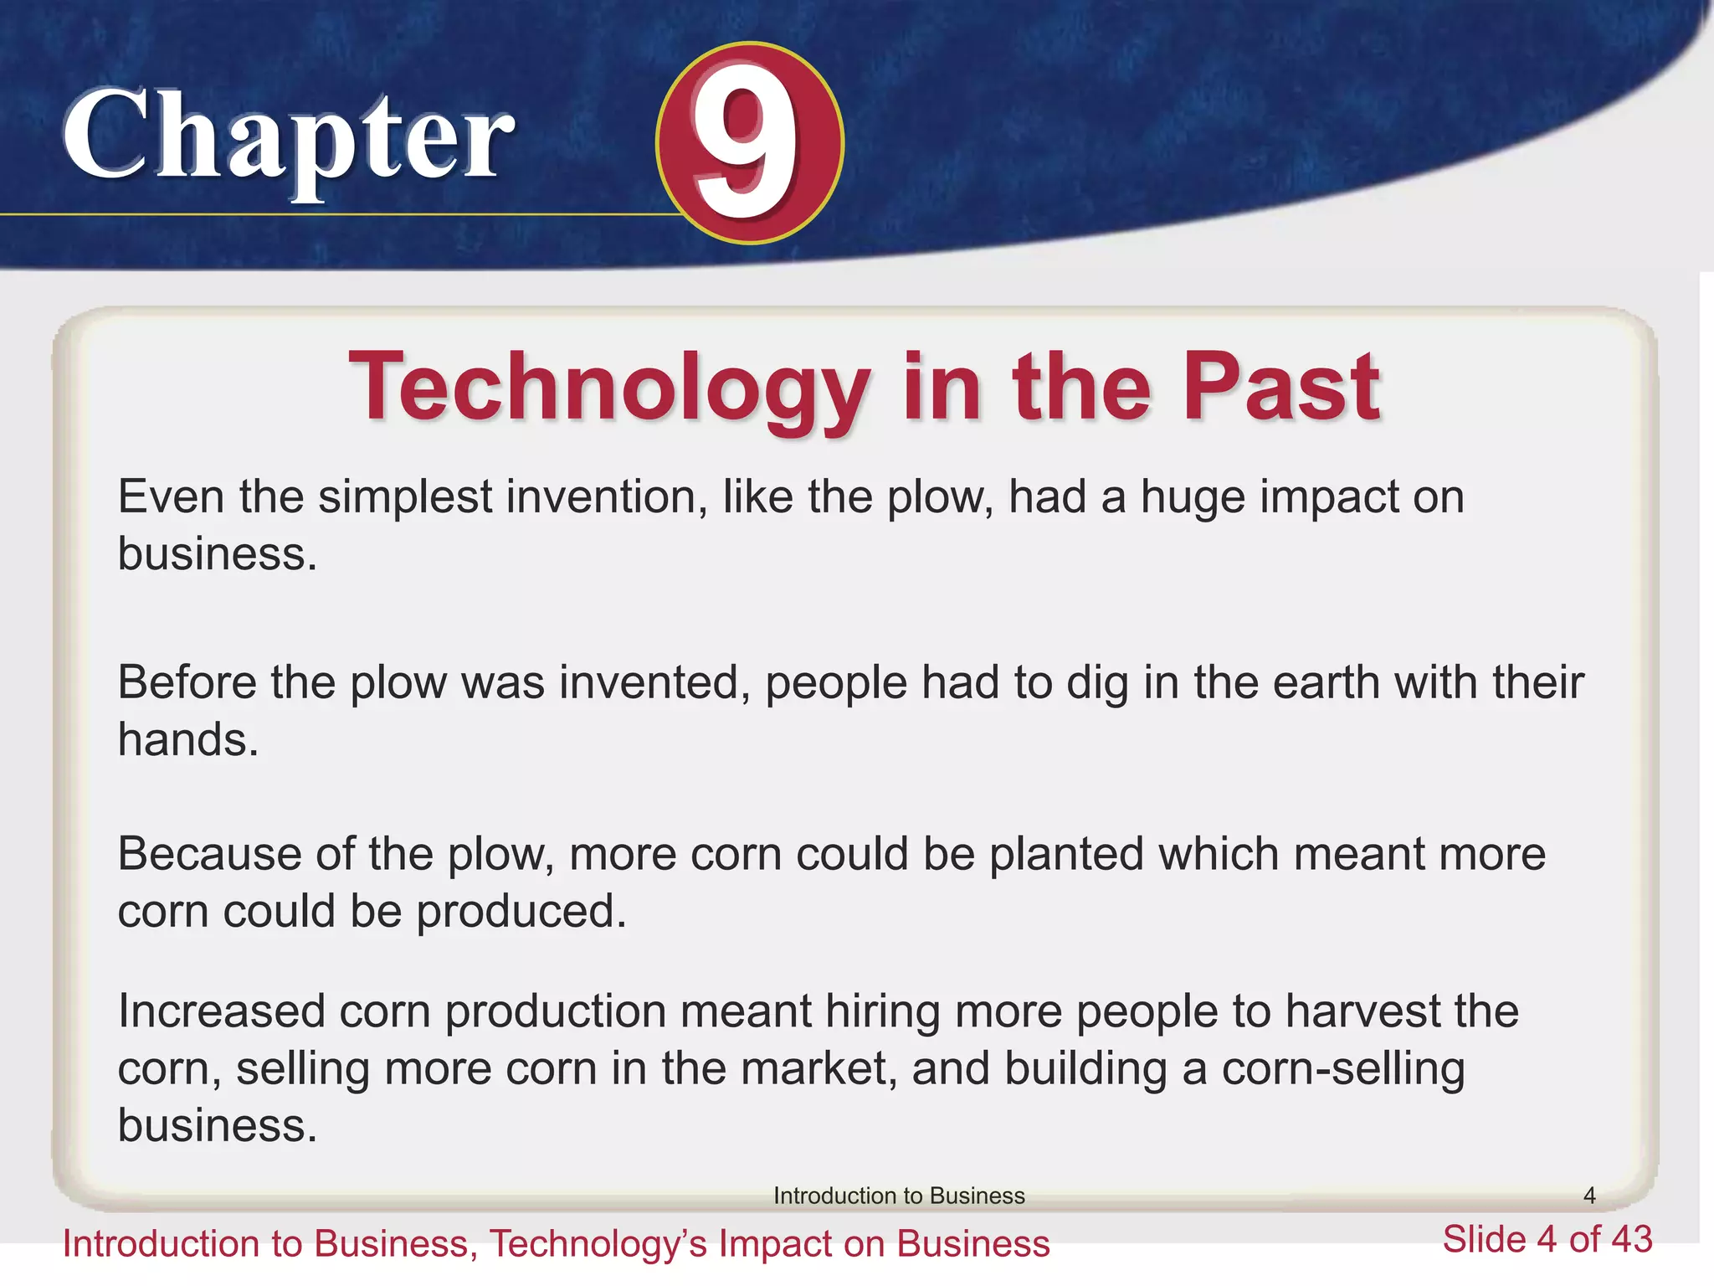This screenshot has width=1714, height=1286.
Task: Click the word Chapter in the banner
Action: [x=288, y=138]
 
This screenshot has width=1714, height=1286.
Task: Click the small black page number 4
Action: [x=1589, y=1196]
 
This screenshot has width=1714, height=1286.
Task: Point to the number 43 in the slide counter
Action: [x=1629, y=1239]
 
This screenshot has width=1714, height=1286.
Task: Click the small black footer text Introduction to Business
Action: [x=899, y=1196]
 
